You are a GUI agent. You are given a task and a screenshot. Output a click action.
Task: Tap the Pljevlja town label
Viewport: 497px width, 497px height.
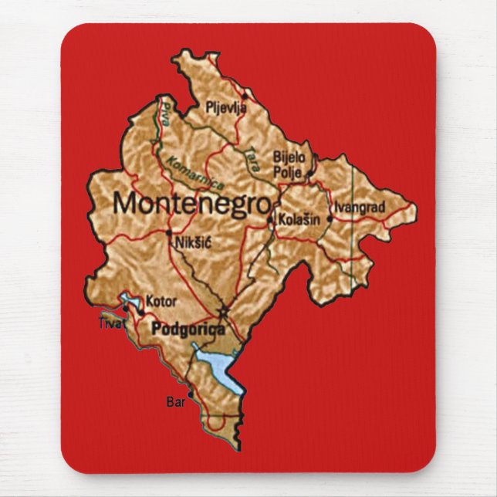[x=226, y=108]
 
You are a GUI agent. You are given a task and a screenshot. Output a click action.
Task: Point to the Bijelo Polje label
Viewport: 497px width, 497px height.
[x=289, y=163]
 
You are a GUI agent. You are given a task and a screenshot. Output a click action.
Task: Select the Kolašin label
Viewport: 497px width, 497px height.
[x=299, y=220]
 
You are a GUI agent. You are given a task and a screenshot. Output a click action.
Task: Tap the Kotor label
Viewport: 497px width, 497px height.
[x=161, y=301]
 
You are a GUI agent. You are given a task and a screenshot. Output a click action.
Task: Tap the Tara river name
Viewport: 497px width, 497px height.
[x=250, y=158]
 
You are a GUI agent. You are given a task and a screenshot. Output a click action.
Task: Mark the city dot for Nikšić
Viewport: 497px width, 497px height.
[x=169, y=232]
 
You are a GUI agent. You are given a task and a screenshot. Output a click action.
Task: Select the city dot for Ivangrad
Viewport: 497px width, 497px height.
[x=330, y=218]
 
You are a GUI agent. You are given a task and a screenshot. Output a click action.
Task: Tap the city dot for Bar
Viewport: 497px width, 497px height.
[x=191, y=397]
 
